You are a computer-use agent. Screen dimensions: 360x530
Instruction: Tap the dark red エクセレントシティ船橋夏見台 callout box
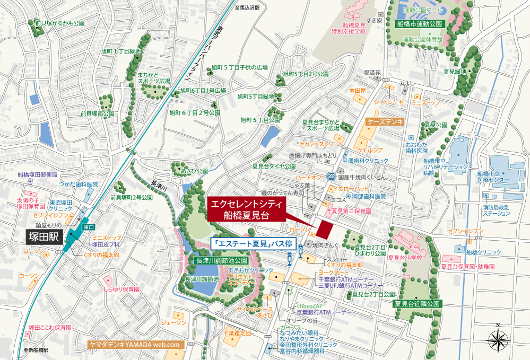pyautogui.click(x=245, y=210)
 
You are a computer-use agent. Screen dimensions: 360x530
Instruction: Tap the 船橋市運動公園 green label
pyautogui.click(x=420, y=24)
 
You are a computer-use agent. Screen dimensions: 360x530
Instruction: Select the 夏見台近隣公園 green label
pyautogui.click(x=418, y=304)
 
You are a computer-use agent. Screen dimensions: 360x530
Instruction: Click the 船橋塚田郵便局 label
pyautogui.click(x=37, y=174)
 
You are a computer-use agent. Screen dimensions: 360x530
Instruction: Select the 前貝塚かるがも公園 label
pyautogui.click(x=60, y=23)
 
